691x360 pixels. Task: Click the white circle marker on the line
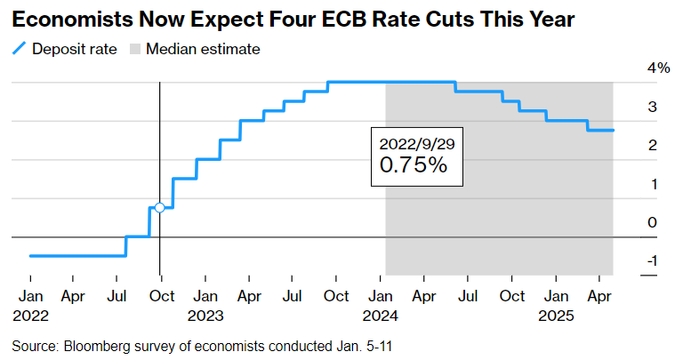159,207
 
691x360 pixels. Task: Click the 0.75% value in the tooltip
413,165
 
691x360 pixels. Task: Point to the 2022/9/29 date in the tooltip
416,143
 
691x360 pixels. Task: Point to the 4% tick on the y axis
658,68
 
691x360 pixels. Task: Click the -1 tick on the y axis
652,260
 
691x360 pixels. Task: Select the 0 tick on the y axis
652,222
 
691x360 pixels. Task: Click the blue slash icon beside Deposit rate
18,49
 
